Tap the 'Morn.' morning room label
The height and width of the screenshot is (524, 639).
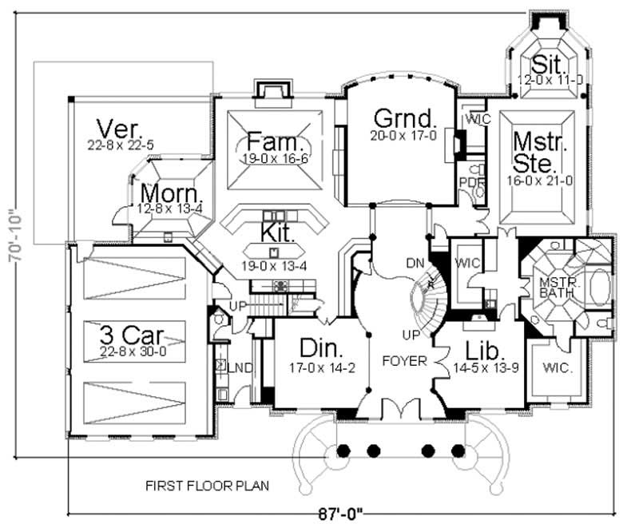pyautogui.click(x=168, y=193)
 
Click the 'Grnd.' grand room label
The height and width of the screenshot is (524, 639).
pyautogui.click(x=405, y=119)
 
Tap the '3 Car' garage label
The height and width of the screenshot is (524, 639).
pyautogui.click(x=131, y=331)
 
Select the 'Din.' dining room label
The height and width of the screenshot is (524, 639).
pyautogui.click(x=323, y=348)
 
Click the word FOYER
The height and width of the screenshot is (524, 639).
pyautogui.click(x=404, y=359)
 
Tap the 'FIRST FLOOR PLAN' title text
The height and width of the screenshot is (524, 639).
pyautogui.click(x=206, y=485)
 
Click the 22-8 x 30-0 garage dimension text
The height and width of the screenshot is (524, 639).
pyautogui.click(x=131, y=350)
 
